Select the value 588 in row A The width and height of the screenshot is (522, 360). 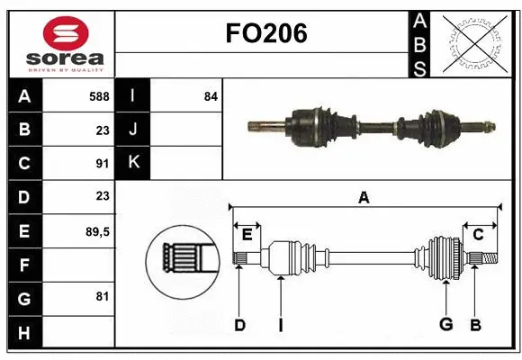(x=99, y=95)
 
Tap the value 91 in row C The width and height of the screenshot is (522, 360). (x=103, y=163)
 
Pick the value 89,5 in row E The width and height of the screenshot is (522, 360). (x=96, y=231)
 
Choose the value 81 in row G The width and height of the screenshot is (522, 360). (x=103, y=296)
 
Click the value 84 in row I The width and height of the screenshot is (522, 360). (x=210, y=95)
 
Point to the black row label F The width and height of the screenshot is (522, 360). (x=24, y=265)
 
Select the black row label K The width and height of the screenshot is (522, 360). (x=133, y=162)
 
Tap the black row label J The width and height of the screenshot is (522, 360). (x=133, y=129)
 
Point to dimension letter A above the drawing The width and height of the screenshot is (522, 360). (x=364, y=198)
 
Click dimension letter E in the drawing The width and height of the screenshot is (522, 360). (x=247, y=235)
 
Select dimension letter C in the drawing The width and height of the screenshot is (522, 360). (x=479, y=235)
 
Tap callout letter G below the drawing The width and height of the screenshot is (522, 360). (x=445, y=325)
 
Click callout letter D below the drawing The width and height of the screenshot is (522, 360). (x=239, y=325)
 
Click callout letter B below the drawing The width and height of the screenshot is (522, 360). (x=476, y=325)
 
